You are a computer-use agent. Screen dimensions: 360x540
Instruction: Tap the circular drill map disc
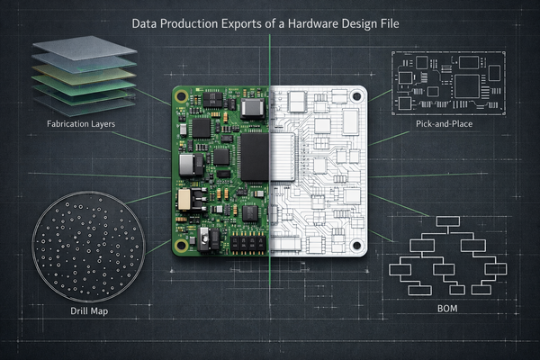coord(88,243)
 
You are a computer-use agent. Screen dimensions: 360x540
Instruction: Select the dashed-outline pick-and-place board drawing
coord(446,83)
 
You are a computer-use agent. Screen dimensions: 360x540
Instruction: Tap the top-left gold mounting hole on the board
coord(181,95)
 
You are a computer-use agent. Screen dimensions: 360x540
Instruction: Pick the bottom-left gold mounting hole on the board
coord(181,244)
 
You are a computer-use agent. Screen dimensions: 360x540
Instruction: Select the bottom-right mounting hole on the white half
coord(359,245)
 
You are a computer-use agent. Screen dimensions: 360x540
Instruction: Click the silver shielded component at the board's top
coord(253,107)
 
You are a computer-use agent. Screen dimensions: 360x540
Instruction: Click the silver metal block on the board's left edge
coord(188,164)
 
